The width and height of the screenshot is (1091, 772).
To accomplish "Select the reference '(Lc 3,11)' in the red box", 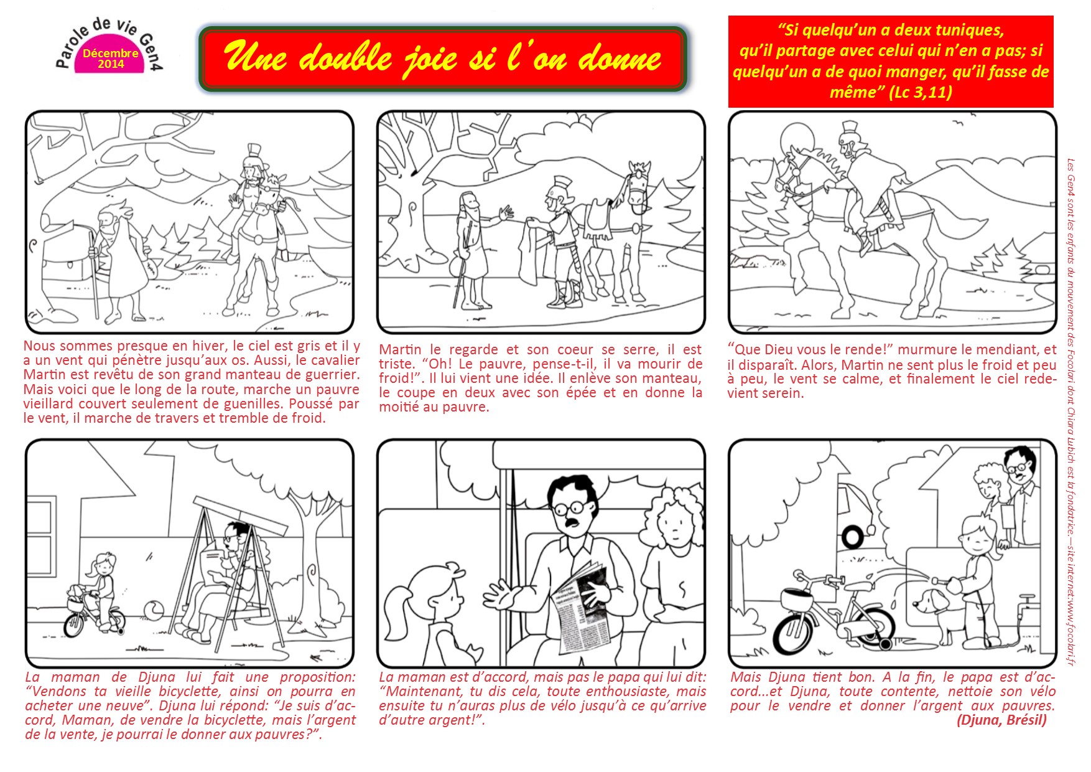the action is pos(920,93).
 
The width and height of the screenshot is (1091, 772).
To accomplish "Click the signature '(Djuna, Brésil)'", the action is pos(1001,720).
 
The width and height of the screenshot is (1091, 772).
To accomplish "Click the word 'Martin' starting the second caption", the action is pos(399,350).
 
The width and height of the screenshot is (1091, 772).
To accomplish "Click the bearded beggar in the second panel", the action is pos(470,249).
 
